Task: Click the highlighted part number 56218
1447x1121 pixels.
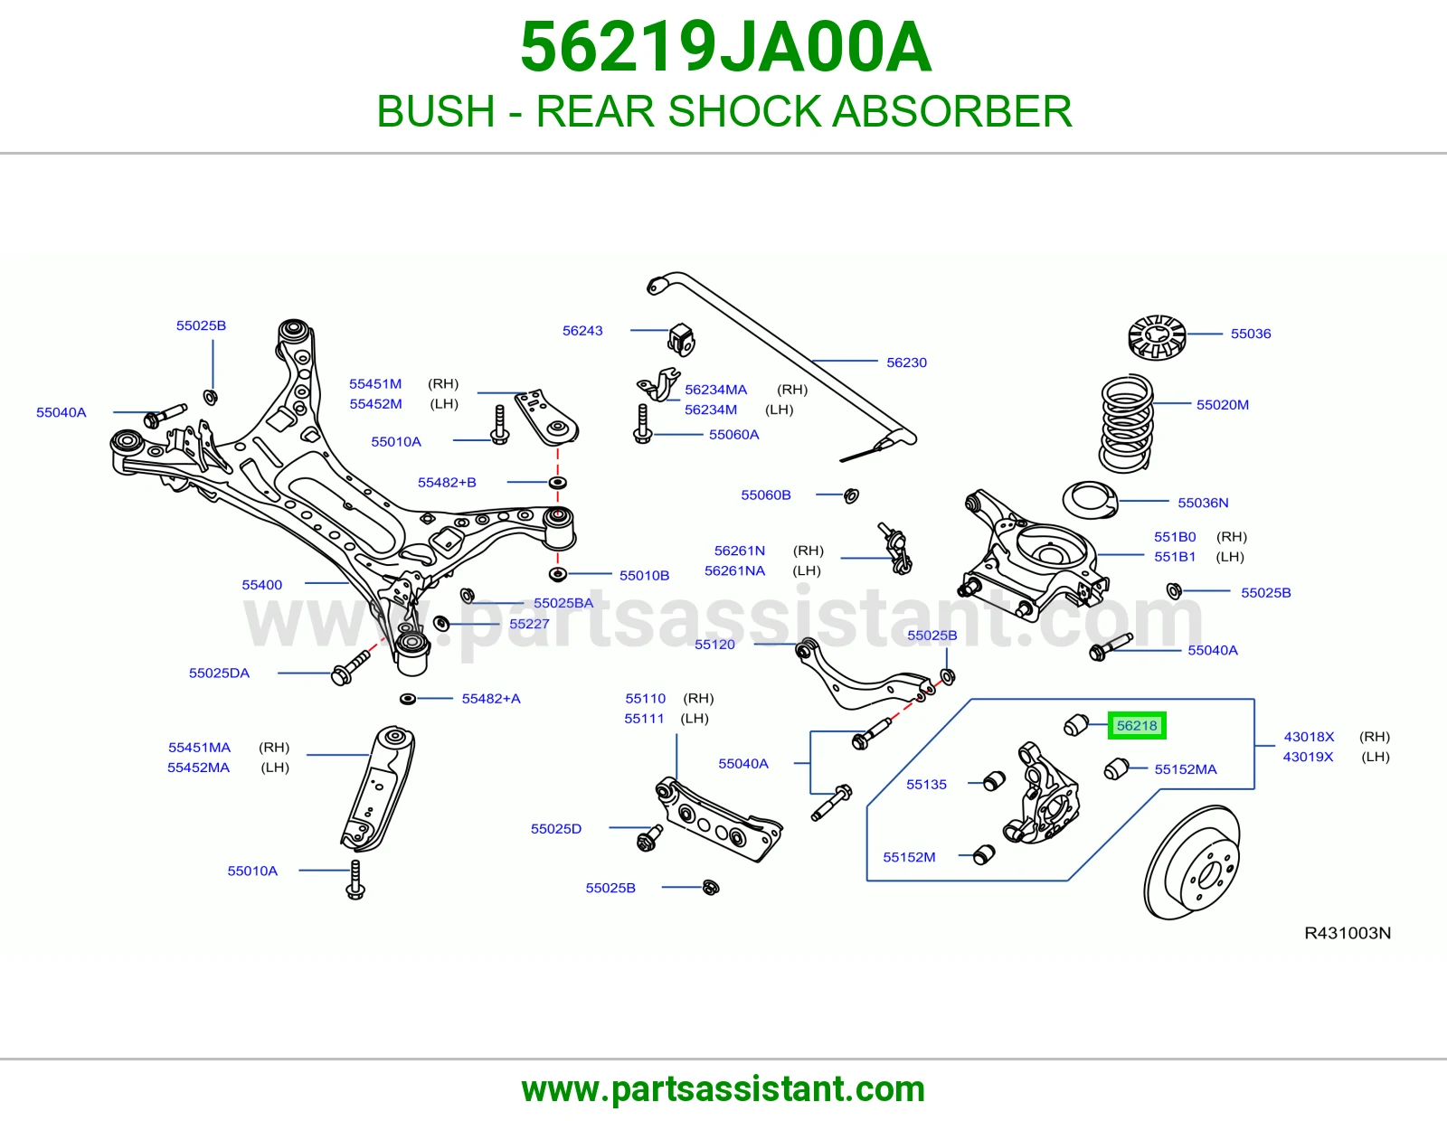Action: pos(1136,725)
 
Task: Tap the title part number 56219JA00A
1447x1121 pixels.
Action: pos(725,47)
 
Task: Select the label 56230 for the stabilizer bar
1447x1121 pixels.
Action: pos(906,363)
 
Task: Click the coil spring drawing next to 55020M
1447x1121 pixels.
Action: pos(1126,423)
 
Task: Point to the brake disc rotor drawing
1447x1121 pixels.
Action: pos(1192,862)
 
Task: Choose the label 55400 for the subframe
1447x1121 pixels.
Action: pos(261,585)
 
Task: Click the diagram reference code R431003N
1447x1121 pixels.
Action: pos(1348,933)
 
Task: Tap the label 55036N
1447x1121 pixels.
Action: pos(1203,503)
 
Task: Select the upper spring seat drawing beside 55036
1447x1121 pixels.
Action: pos(1158,337)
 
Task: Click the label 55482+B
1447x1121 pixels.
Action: pos(447,482)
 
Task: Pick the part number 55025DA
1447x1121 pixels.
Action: pos(219,673)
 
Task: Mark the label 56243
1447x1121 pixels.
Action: pos(582,330)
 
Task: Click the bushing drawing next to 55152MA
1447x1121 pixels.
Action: pos(1116,768)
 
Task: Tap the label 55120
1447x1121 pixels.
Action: pos(714,645)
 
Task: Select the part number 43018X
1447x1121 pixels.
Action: pos(1309,736)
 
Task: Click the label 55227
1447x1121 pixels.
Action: pos(529,624)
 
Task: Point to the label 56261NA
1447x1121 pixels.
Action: pos(734,570)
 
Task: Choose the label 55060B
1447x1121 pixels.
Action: pos(766,495)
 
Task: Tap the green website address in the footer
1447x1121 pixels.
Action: pos(723,1089)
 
